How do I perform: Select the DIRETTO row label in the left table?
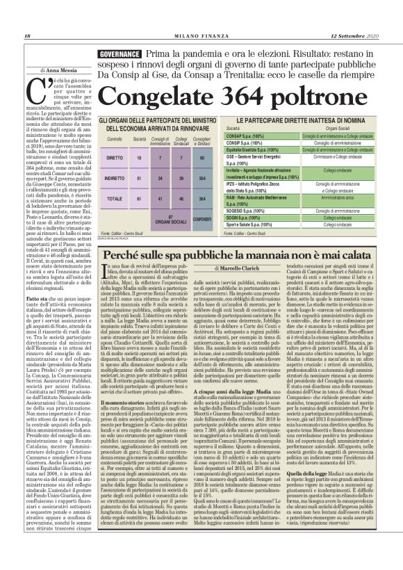(115, 158)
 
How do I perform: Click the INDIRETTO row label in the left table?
(115, 178)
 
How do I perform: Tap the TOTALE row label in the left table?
(115, 198)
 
